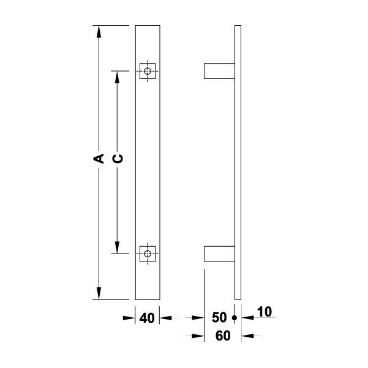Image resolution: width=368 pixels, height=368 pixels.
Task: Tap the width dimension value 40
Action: (x=147, y=318)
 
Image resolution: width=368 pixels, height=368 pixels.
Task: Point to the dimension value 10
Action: (x=265, y=313)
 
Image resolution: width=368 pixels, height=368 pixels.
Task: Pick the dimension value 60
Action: (x=222, y=336)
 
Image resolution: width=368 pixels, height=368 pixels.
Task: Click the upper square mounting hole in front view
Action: (x=146, y=71)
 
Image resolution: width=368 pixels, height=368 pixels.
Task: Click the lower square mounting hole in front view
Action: (x=146, y=253)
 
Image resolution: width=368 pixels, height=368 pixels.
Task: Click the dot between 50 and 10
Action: (x=234, y=318)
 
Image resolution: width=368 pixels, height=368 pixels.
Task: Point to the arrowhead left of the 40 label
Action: (x=129, y=318)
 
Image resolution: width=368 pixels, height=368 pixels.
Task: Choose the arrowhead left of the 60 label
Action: (x=197, y=336)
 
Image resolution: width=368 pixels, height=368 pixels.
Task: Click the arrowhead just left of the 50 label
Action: (x=197, y=318)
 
